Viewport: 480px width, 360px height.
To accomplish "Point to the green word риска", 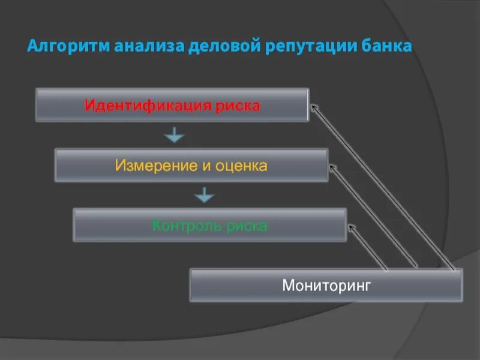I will click(245, 226).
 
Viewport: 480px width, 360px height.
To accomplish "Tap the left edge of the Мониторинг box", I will click(190, 285).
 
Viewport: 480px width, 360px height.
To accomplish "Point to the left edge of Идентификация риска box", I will click(36, 105).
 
